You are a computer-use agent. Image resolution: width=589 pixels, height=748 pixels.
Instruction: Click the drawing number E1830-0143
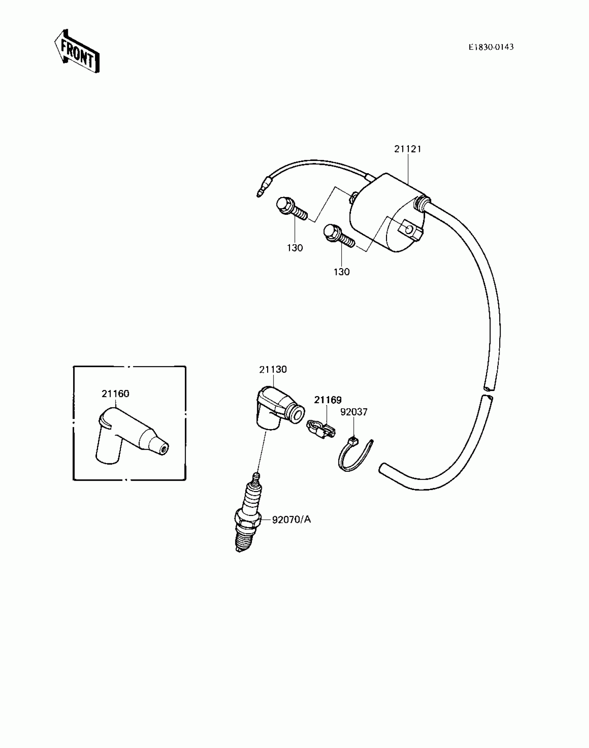[491, 47]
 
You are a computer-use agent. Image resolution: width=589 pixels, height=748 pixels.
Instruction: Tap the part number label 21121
[407, 149]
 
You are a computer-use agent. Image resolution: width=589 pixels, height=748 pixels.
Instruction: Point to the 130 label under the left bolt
[295, 248]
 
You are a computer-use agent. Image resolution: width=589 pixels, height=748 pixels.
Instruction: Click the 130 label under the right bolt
[342, 272]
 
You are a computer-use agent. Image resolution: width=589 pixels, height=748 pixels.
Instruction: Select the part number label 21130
[273, 369]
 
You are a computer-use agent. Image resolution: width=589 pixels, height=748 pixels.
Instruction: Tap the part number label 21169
[328, 400]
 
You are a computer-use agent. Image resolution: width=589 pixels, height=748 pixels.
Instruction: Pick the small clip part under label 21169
[321, 429]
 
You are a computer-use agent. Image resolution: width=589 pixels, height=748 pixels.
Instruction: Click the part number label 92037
[354, 412]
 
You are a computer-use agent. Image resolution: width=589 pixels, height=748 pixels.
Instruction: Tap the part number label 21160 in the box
[115, 394]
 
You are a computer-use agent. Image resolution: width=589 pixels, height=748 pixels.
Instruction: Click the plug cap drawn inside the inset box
[128, 436]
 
